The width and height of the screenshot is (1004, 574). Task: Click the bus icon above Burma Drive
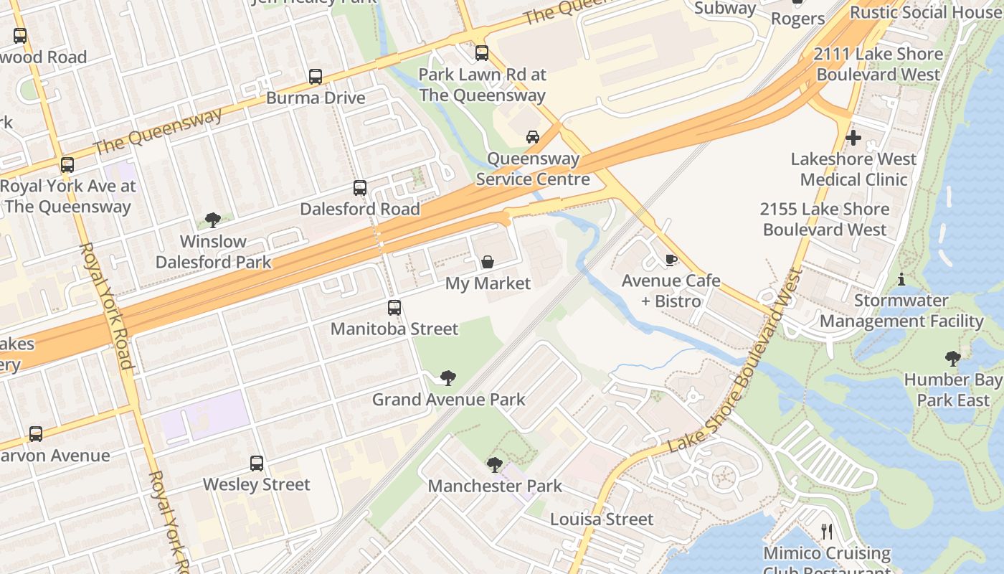click(315, 77)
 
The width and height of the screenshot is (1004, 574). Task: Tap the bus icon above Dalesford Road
click(360, 188)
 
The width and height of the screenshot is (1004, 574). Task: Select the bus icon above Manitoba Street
click(394, 308)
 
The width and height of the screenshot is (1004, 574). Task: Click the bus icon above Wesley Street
click(257, 464)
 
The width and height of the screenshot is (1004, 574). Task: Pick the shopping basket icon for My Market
click(488, 262)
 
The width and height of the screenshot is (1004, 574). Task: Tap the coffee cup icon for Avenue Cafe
click(671, 260)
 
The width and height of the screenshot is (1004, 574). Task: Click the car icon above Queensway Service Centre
click(533, 137)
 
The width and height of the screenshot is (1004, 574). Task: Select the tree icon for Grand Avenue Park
click(448, 377)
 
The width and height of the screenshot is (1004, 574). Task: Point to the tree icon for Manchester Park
click(495, 465)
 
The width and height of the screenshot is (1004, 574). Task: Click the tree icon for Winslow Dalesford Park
click(213, 220)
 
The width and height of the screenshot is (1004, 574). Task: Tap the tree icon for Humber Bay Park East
click(953, 358)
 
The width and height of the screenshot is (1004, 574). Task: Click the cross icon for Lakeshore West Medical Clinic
click(853, 138)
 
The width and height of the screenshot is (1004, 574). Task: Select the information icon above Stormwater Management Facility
click(901, 279)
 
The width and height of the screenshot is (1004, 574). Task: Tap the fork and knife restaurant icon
click(827, 532)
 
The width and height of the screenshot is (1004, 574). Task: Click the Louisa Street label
click(602, 519)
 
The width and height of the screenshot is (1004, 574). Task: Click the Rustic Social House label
click(926, 12)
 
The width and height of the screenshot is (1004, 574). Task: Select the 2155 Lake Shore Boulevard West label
click(825, 220)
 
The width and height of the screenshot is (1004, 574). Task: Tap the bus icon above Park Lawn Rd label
click(482, 53)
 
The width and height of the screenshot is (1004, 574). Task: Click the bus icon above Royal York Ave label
click(67, 165)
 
